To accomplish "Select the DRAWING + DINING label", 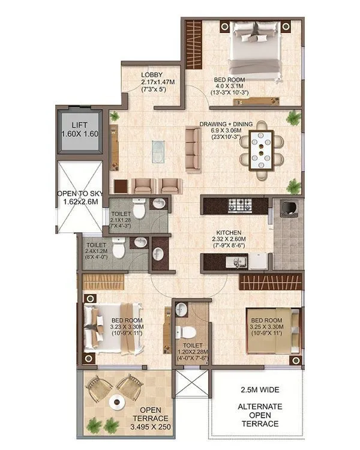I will pyautogui.click(x=223, y=125).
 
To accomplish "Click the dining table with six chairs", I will pyautogui.click(x=262, y=150).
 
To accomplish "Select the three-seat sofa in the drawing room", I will pyautogui.click(x=193, y=148).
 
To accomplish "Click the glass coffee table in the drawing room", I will pyautogui.click(x=158, y=149).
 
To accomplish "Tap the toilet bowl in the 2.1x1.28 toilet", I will pyautogui.click(x=139, y=210).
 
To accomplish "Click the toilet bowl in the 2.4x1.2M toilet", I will pyautogui.click(x=119, y=248).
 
